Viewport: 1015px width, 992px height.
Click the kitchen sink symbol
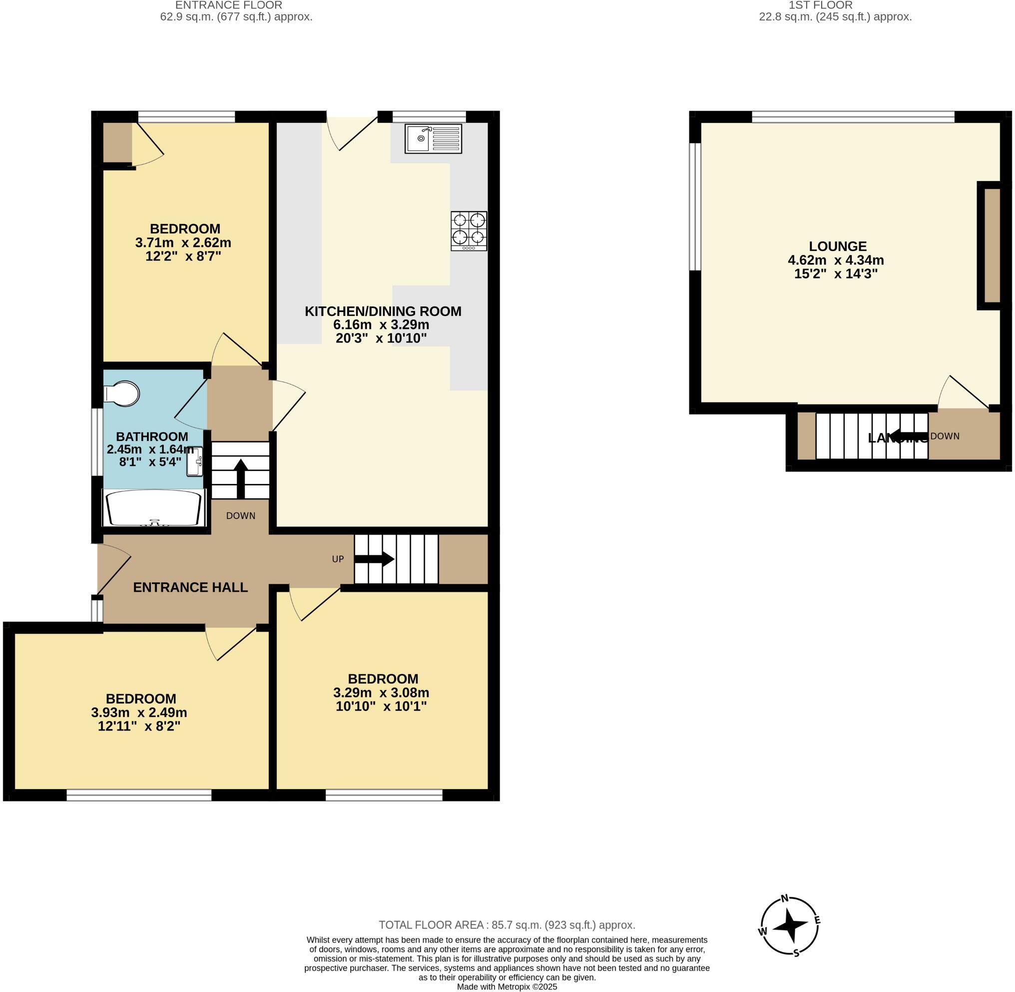click(x=433, y=138)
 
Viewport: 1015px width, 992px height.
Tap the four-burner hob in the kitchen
click(x=469, y=230)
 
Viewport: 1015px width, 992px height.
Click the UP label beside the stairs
click(x=338, y=559)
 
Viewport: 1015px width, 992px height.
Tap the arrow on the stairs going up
click(x=375, y=559)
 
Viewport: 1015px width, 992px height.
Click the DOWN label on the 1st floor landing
click(x=945, y=436)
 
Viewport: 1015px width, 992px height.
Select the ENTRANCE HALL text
click(x=190, y=587)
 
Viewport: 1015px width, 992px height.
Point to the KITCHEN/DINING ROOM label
click(x=383, y=311)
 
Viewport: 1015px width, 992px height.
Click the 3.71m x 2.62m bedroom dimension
click(x=183, y=242)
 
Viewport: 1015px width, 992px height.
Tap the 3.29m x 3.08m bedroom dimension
click(x=381, y=692)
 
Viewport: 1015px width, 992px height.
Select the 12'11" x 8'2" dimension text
click(x=139, y=726)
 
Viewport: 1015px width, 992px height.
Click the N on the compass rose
click(x=785, y=898)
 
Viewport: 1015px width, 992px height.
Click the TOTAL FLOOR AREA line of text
click(x=507, y=925)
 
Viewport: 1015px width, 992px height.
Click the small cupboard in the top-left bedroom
click(x=117, y=142)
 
